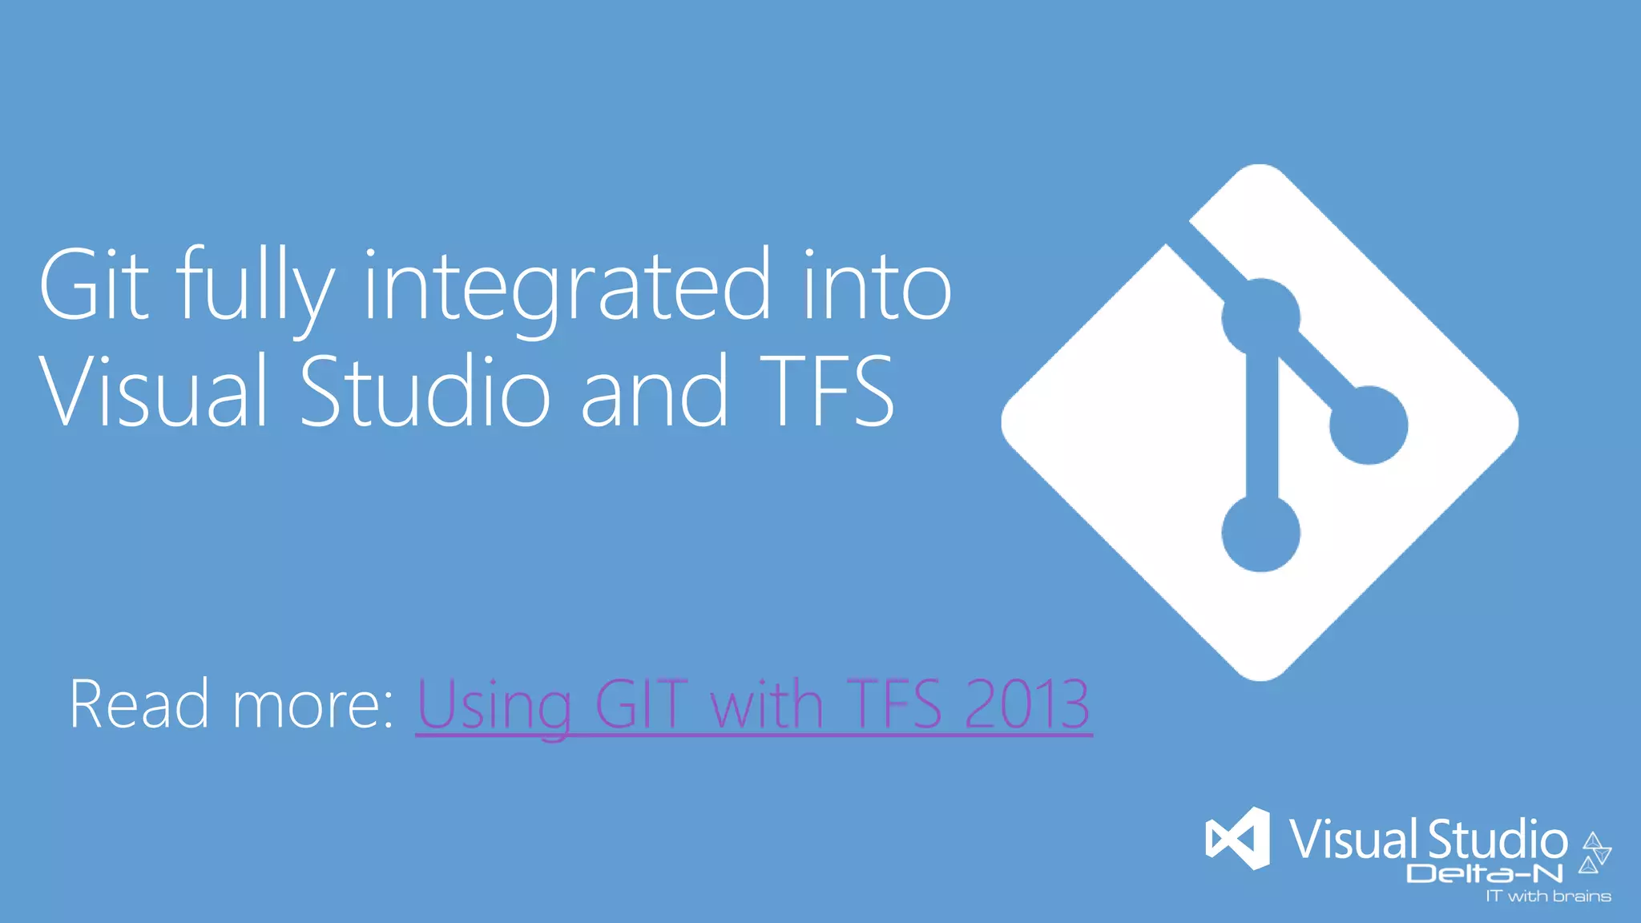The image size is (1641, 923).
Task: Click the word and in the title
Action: [x=654, y=393]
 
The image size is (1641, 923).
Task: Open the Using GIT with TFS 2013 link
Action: [x=753, y=705]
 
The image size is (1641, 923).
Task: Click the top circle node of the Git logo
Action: [x=1260, y=318]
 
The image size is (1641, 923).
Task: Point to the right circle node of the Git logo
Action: [x=1369, y=425]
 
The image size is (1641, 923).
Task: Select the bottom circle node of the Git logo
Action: [x=1260, y=533]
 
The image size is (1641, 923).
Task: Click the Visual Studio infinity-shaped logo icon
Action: [x=1238, y=839]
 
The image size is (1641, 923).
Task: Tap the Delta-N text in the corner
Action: [x=1485, y=873]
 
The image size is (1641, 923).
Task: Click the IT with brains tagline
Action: [x=1548, y=897]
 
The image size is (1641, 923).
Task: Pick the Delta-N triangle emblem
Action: [x=1595, y=852]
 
